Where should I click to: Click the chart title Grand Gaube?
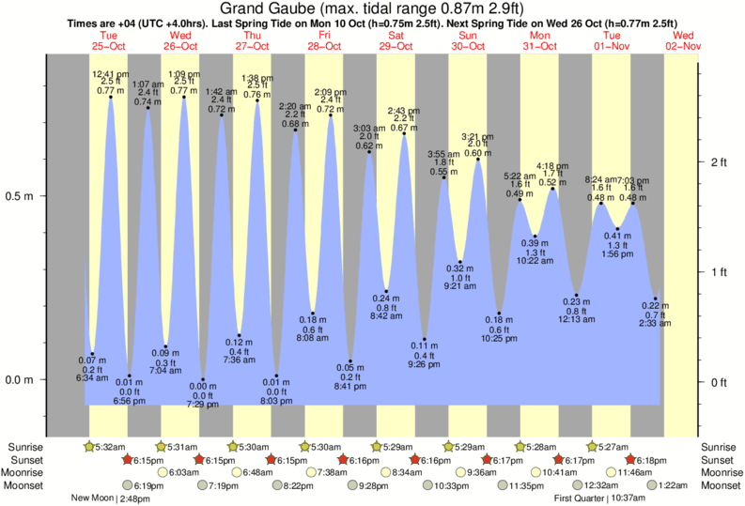click(372, 8)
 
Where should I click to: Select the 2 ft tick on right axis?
click(720, 162)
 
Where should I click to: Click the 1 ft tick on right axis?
click(720, 272)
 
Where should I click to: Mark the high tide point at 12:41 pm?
click(111, 97)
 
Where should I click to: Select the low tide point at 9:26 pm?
click(425, 339)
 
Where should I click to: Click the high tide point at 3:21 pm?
click(478, 160)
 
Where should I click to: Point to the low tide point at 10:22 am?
click(535, 237)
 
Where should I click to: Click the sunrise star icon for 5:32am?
click(89, 446)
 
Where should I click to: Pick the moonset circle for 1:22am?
click(645, 485)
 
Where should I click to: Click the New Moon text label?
click(94, 498)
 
